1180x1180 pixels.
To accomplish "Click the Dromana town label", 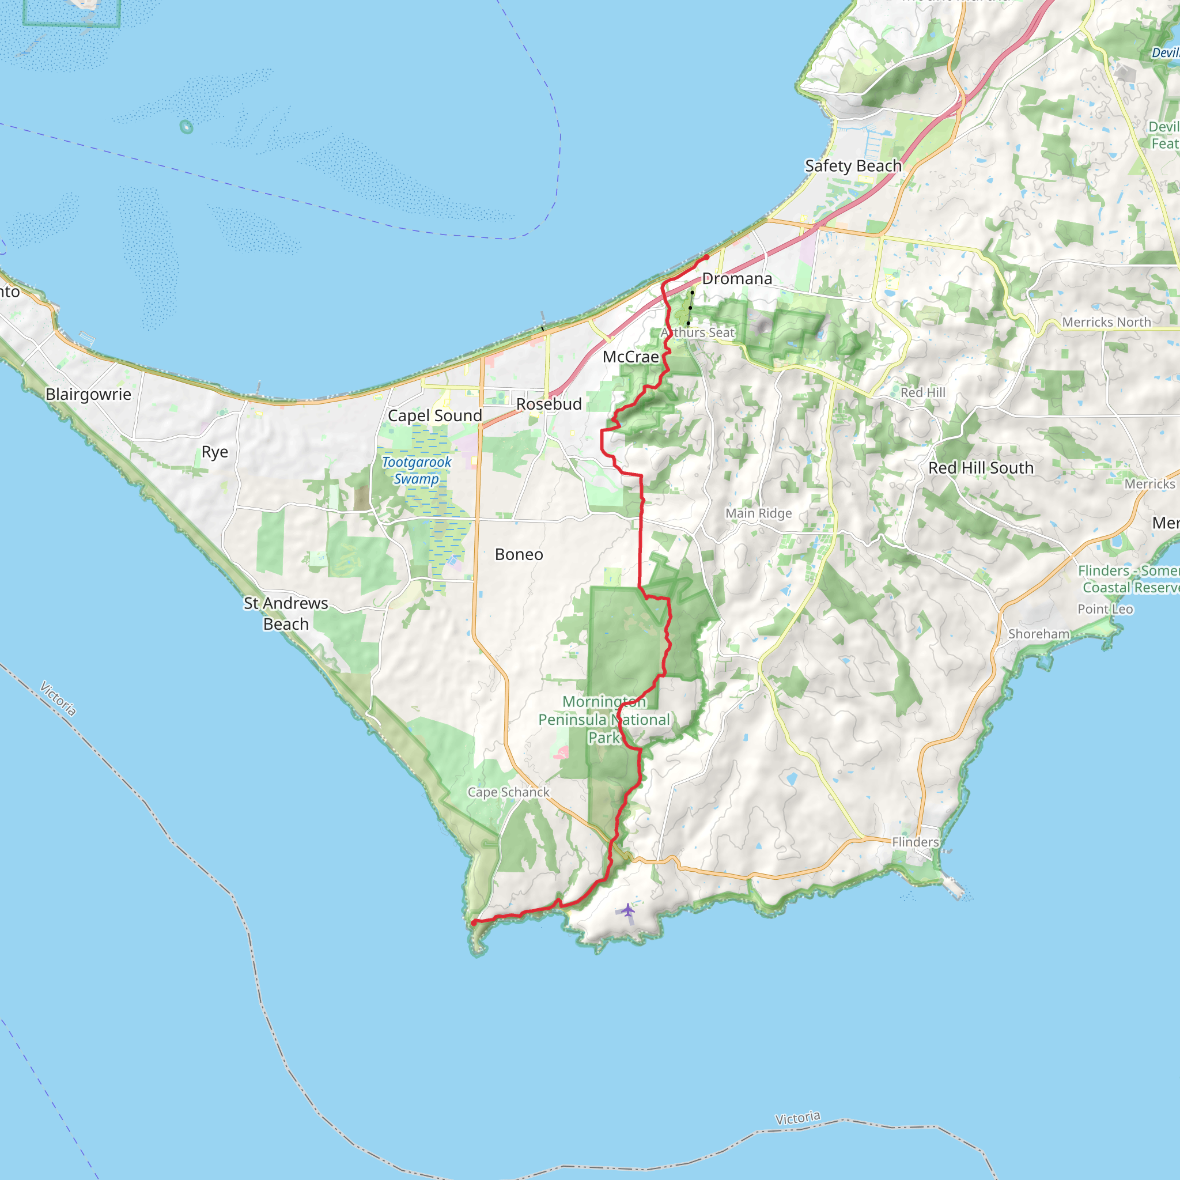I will [x=736, y=279].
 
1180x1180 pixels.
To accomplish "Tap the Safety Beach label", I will [x=853, y=166].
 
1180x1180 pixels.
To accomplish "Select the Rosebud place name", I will [x=549, y=404].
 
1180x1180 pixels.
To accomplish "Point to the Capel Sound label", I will [x=435, y=416].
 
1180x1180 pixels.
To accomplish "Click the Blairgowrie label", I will [x=89, y=395].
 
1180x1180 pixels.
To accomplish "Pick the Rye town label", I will [x=214, y=452].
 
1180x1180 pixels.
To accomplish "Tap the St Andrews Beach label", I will [x=286, y=613].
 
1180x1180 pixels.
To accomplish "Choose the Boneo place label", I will [x=519, y=555].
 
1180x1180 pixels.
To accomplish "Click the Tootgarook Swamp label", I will [x=417, y=470].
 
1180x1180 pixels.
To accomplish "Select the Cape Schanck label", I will [x=508, y=792].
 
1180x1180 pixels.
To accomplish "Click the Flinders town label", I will [x=915, y=842].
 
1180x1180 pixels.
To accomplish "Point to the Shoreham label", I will [x=1038, y=634].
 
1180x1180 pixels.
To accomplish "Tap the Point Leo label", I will [x=1105, y=609].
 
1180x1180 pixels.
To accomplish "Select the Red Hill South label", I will [x=981, y=468].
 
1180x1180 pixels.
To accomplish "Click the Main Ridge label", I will [x=759, y=513].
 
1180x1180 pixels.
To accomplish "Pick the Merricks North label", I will [x=1106, y=323].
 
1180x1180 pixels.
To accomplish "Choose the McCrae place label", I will [x=630, y=357].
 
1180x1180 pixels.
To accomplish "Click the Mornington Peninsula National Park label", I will [x=604, y=720].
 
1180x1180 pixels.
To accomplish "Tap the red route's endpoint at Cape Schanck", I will [x=474, y=922].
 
